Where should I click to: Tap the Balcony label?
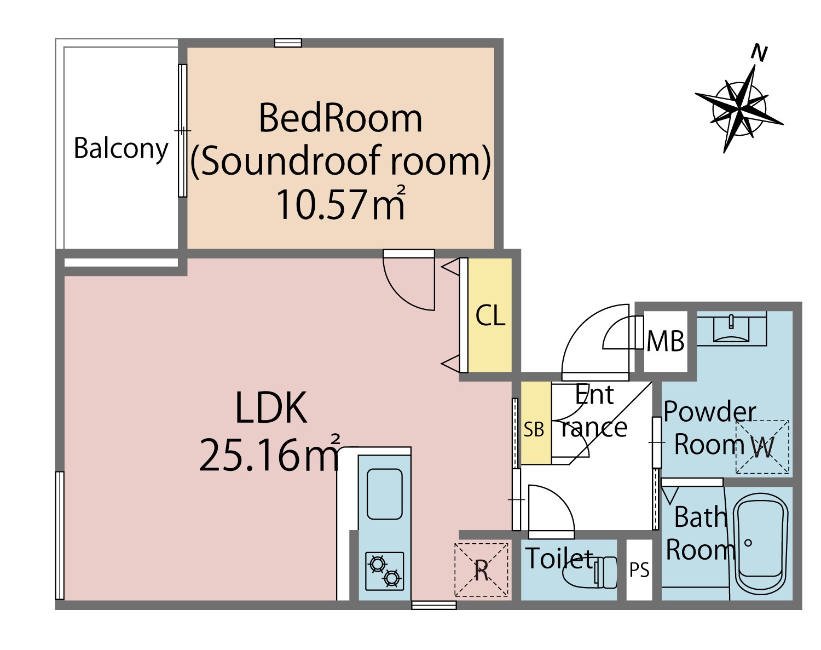tap(121, 149)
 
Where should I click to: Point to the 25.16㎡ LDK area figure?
tap(269, 453)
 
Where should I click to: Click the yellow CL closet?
tap(490, 315)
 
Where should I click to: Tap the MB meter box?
tap(666, 341)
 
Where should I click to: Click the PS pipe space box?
tap(639, 570)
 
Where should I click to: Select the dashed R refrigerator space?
tap(482, 570)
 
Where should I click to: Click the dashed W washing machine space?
tap(762, 447)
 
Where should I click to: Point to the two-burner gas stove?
tap(385, 571)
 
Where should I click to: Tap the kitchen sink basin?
tap(385, 494)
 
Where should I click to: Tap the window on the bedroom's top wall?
tap(288, 43)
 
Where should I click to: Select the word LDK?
tap(271, 407)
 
